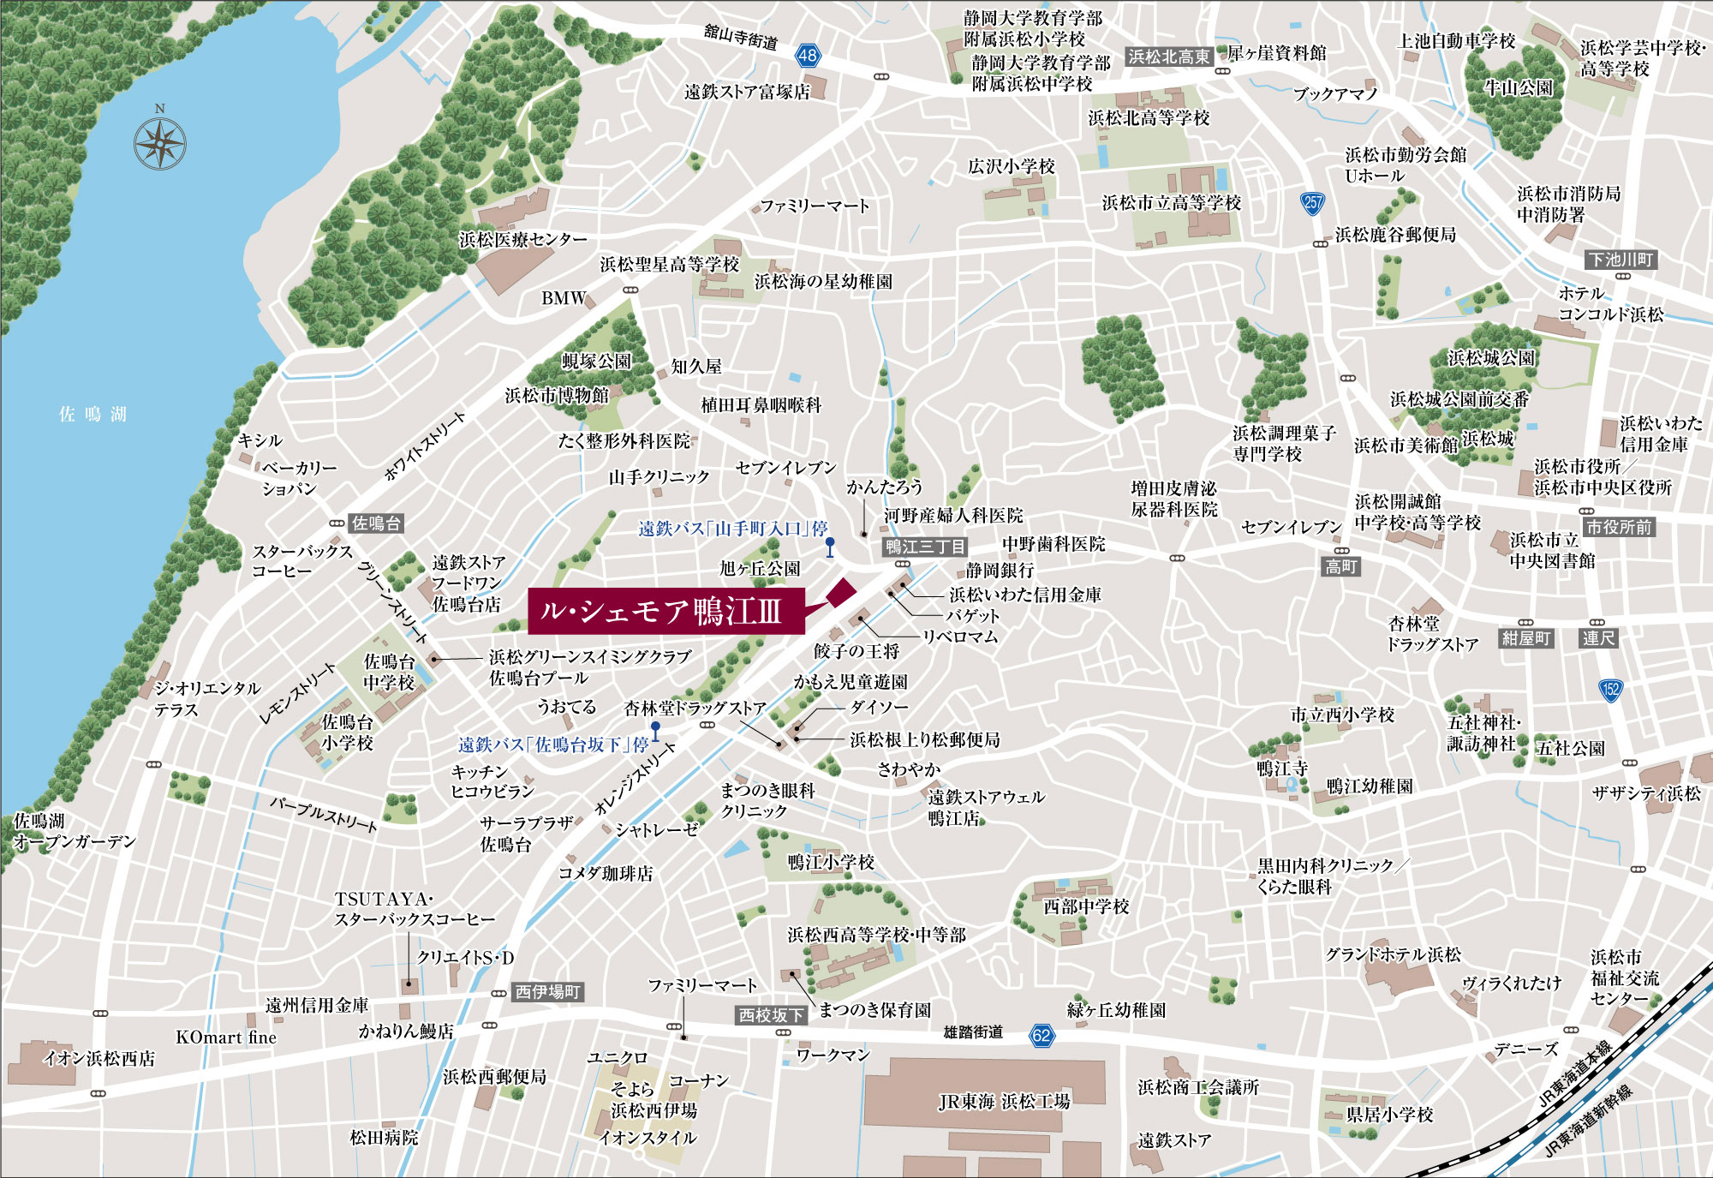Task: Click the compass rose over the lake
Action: pos(160,143)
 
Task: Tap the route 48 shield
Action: pos(808,57)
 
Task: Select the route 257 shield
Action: pos(1312,203)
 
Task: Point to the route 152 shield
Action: pos(1611,690)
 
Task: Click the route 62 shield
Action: pos(1042,1035)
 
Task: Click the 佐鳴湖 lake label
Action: pos(93,415)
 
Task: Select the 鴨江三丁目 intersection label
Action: pos(925,547)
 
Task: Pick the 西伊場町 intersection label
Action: pos(548,992)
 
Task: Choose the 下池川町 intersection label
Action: pos(1620,260)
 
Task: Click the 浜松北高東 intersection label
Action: pos(1169,57)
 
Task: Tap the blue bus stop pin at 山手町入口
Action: pos(830,547)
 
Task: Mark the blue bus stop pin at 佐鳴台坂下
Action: pos(655,731)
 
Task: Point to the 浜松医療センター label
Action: pos(523,239)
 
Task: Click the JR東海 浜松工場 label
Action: pos(1005,1101)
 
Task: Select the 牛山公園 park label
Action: pos(1519,87)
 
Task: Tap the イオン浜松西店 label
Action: pos(99,1058)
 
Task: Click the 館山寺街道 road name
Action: pos(741,37)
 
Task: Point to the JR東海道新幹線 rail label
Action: pos(1589,1121)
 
